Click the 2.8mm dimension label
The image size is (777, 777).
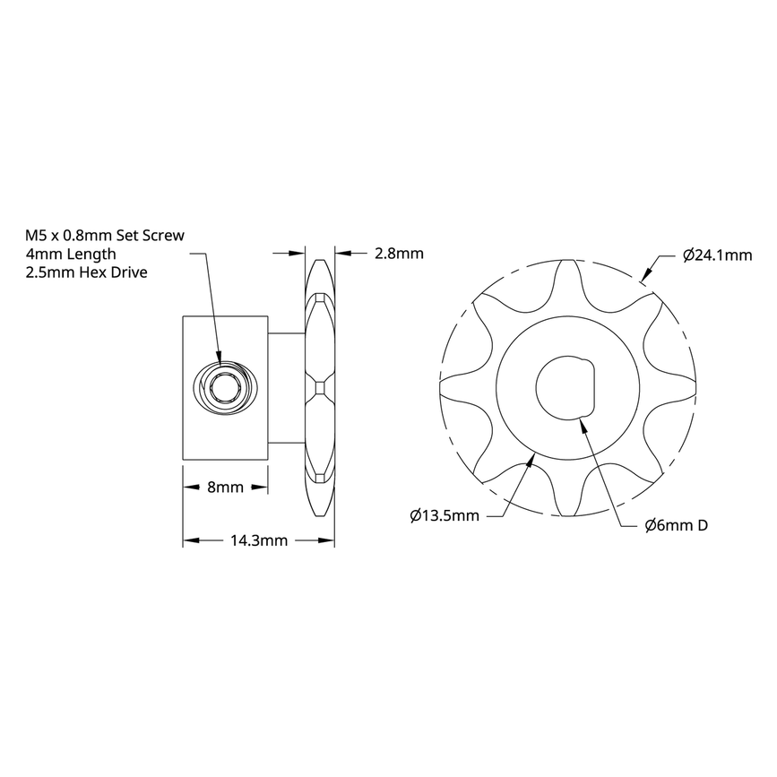coord(398,254)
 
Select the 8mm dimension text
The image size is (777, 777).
coord(226,488)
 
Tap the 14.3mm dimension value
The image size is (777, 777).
coord(259,540)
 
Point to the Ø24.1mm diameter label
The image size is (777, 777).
coord(716,255)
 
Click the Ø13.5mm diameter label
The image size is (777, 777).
coord(444,516)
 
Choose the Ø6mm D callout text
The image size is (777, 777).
coord(677,525)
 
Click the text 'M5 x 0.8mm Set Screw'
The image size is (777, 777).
coord(105,236)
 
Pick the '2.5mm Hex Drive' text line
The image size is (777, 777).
coord(87,272)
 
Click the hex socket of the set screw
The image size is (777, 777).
coord(223,388)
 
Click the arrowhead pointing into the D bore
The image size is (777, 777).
coord(583,422)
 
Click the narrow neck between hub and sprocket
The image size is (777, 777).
coord(287,388)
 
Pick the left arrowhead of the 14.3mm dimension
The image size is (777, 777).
coord(189,540)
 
